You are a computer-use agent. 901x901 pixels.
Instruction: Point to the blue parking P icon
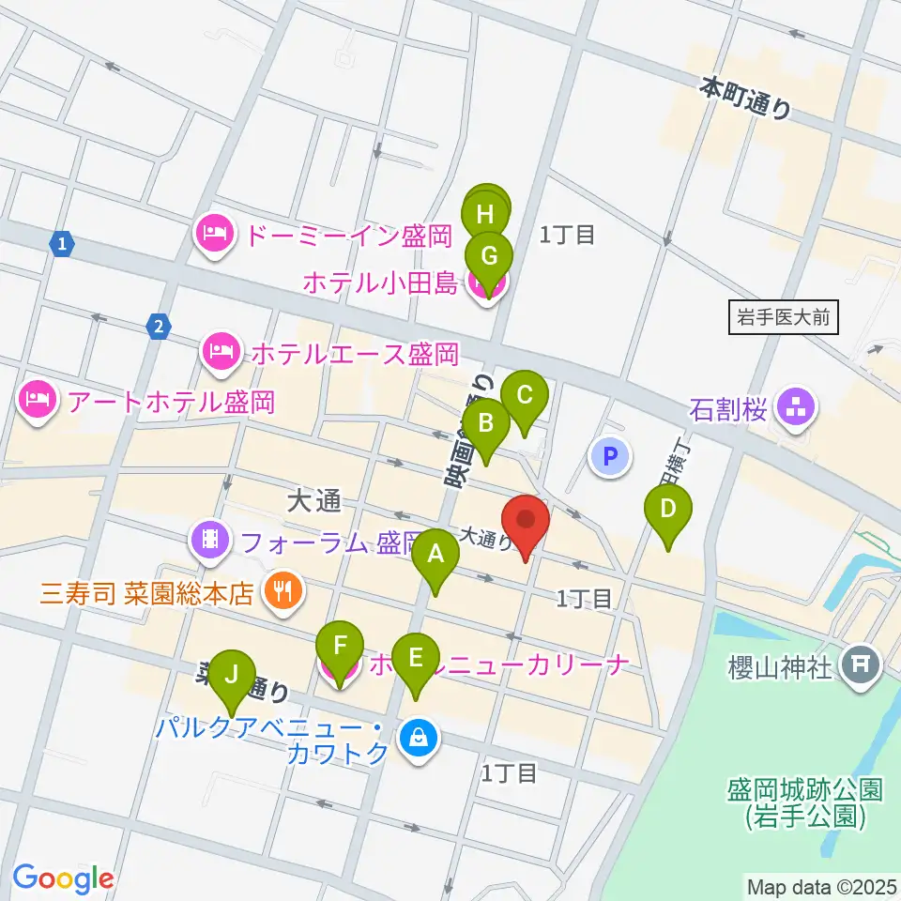pyautogui.click(x=610, y=457)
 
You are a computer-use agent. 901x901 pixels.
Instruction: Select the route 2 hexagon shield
pyautogui.click(x=159, y=327)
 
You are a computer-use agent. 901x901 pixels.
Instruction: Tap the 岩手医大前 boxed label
pyautogui.click(x=783, y=317)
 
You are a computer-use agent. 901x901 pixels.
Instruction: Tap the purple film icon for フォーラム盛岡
pyautogui.click(x=210, y=541)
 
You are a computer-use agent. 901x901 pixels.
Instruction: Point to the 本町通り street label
pyautogui.click(x=746, y=98)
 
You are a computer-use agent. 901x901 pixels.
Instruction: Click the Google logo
pyautogui.click(x=63, y=878)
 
